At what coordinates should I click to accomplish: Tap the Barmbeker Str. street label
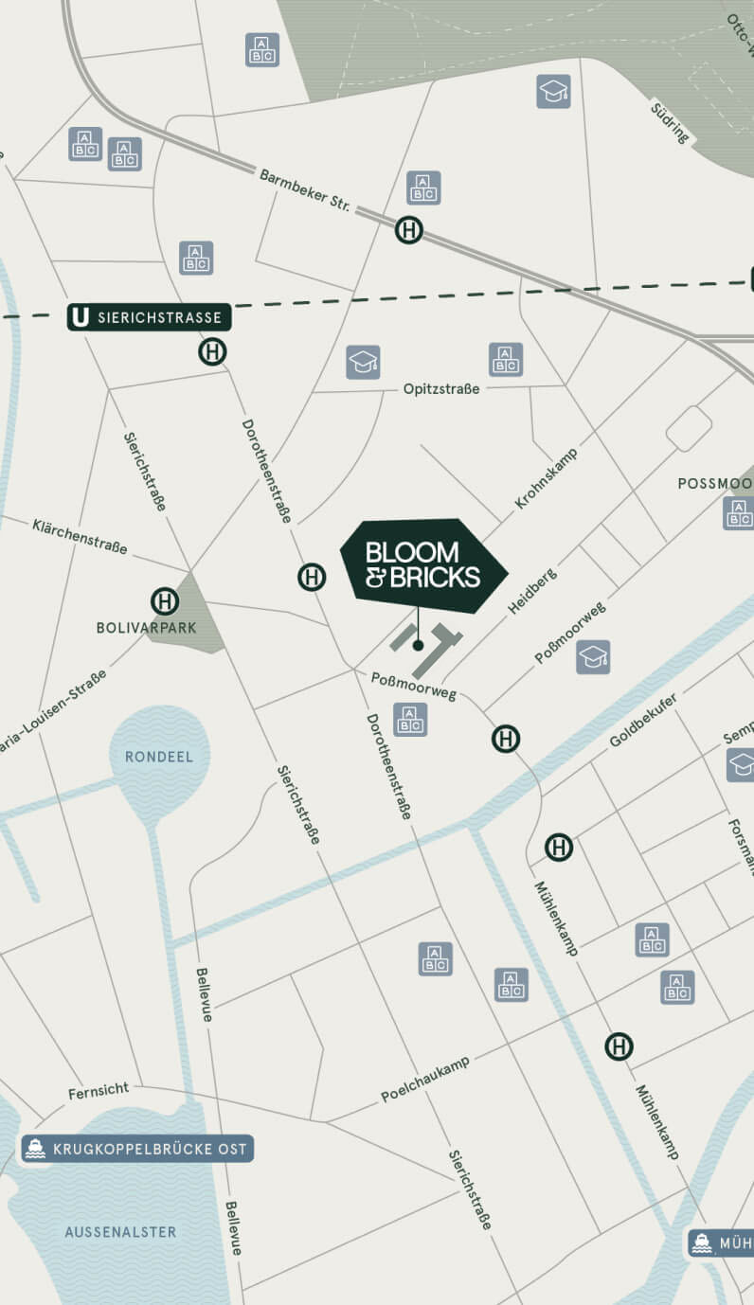(305, 190)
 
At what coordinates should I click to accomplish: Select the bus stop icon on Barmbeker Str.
(409, 230)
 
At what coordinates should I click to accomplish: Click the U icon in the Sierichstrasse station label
(81, 317)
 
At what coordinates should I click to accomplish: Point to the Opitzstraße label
(440, 389)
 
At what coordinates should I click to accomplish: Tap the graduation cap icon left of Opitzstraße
(362, 362)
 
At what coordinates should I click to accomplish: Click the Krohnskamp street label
(546, 479)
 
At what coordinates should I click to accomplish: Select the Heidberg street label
(531, 592)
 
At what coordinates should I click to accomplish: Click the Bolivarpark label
(134, 627)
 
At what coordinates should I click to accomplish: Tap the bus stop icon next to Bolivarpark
(165, 601)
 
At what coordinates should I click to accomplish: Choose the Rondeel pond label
(159, 757)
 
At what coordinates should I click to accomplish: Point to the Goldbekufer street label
(643, 720)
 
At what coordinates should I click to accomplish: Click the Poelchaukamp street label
(425, 1080)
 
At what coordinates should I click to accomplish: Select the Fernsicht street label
(99, 1092)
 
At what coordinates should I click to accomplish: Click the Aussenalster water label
(120, 1232)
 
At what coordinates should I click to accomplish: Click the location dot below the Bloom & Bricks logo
(418, 645)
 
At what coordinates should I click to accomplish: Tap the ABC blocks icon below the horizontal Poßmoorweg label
(409, 720)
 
